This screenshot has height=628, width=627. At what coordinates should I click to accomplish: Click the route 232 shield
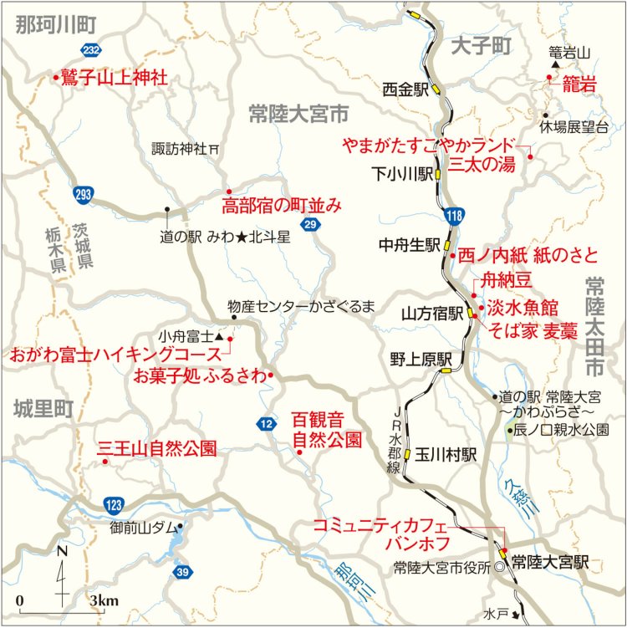pos(92,50)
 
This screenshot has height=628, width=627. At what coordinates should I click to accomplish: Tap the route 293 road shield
pos(82,193)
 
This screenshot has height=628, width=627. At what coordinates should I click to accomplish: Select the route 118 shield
pos(452,217)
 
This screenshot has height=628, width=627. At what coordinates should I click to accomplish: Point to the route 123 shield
pos(114,503)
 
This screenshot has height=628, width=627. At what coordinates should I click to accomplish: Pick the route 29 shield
pos(310,225)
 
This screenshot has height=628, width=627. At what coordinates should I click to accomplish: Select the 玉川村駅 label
pos(445,454)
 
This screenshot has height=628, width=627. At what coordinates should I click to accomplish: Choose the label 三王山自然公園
pos(157,447)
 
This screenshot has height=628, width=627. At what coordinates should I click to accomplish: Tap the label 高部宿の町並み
pos(282,205)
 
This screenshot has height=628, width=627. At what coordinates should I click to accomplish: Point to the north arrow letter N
pos(63,551)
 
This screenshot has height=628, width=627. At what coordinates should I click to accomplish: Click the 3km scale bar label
pos(104,600)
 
